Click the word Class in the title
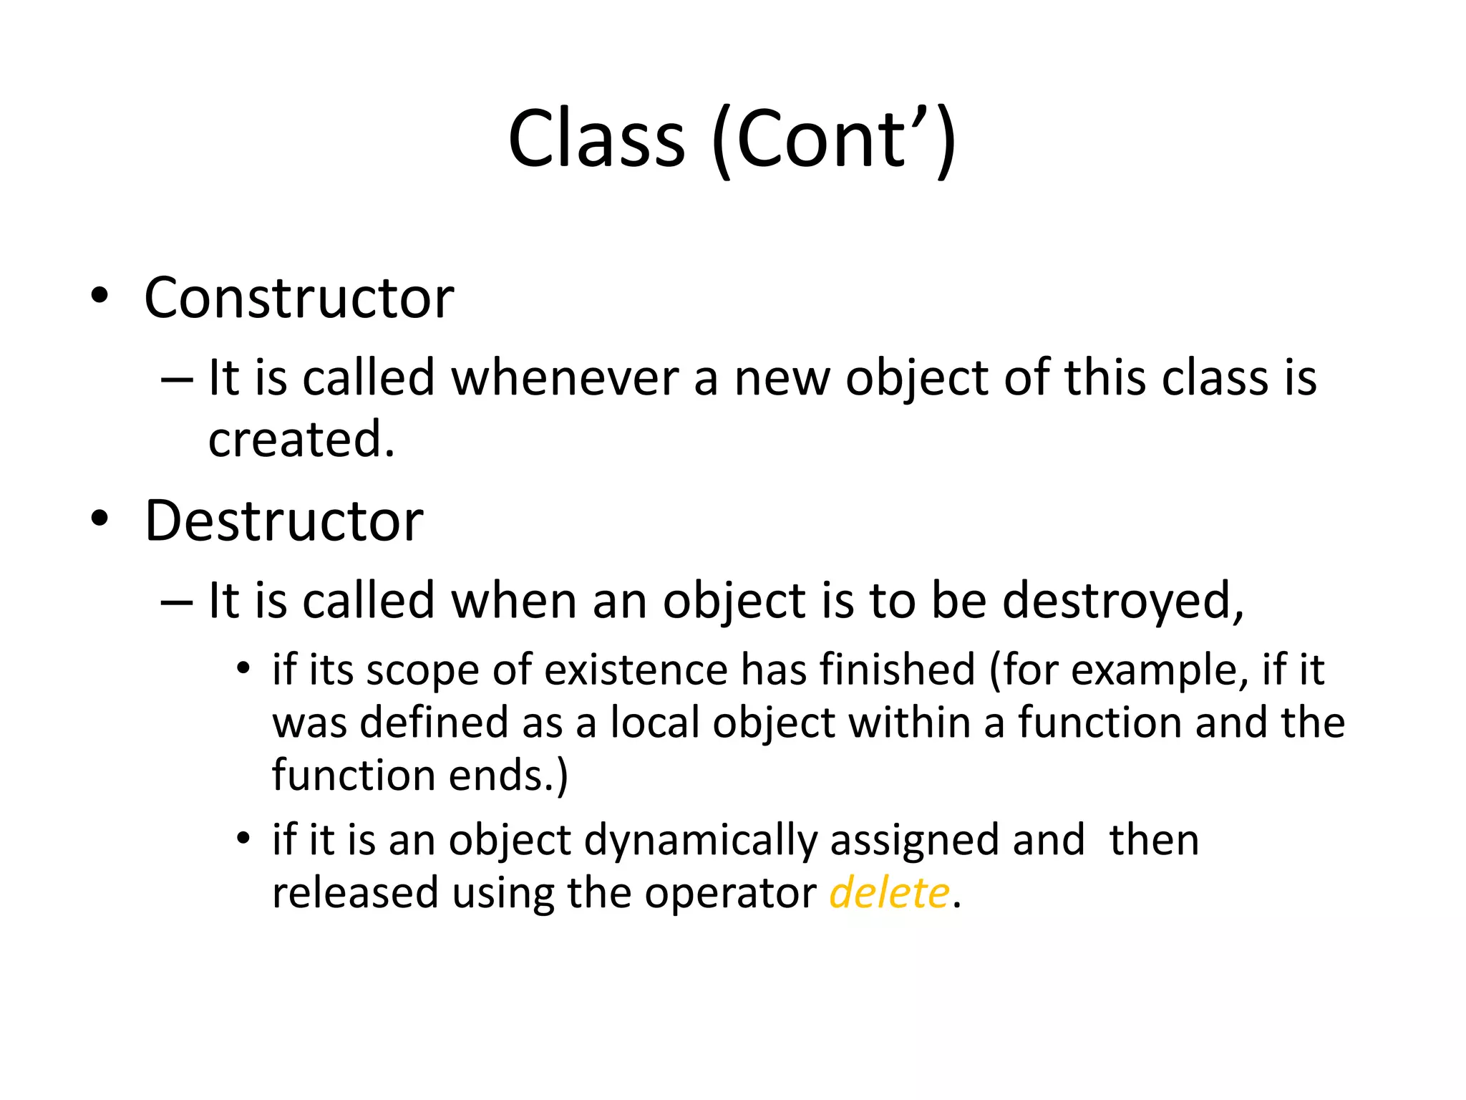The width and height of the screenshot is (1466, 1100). click(596, 139)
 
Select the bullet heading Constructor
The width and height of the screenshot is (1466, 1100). click(298, 298)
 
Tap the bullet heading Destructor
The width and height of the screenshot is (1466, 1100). click(283, 521)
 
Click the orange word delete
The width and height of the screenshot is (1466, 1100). click(889, 893)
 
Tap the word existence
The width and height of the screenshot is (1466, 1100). click(636, 670)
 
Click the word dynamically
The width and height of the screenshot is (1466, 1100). click(700, 840)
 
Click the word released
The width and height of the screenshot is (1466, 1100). click(355, 893)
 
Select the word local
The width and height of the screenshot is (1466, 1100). click(654, 722)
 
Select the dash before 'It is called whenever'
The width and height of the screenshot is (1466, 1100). click(177, 379)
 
